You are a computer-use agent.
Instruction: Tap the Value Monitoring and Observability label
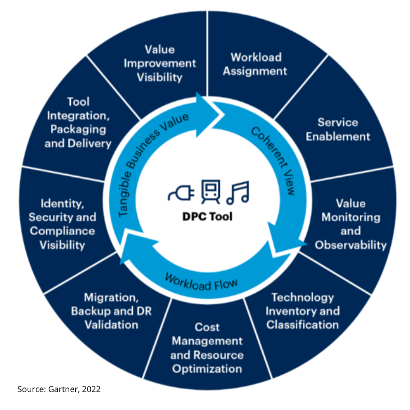351,224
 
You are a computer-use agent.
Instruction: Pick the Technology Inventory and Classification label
302,311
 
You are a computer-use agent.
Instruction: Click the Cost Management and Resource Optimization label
208,348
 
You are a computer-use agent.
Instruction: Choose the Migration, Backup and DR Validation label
111,311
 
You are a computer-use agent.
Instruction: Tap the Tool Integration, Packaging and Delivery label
78,122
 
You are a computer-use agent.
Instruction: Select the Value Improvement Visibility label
160,64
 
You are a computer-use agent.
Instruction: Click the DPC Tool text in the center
208,216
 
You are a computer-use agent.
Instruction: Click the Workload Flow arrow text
201,281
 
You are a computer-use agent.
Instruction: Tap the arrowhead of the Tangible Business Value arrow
207,105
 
